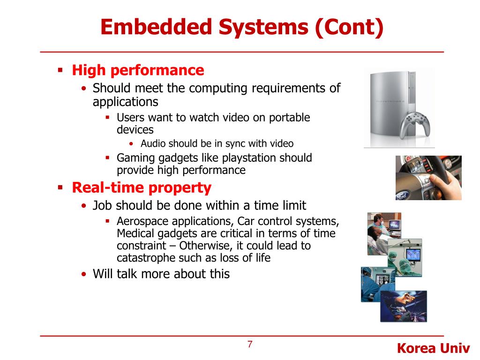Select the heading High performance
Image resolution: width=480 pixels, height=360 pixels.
tap(138, 70)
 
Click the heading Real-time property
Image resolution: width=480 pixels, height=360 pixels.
tap(141, 188)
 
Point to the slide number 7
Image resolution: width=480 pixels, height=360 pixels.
tap(250, 345)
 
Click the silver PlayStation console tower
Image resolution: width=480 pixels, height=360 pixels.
tap(389, 106)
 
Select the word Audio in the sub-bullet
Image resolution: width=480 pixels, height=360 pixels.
tap(153, 143)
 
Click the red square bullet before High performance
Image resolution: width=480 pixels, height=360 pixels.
tap(60, 70)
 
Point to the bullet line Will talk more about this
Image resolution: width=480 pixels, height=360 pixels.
tap(161, 274)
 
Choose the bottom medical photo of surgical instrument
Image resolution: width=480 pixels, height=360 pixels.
tap(403, 306)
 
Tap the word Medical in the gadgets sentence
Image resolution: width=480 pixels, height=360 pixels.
tap(135, 233)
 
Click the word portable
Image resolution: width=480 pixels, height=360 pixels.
tap(290, 117)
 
